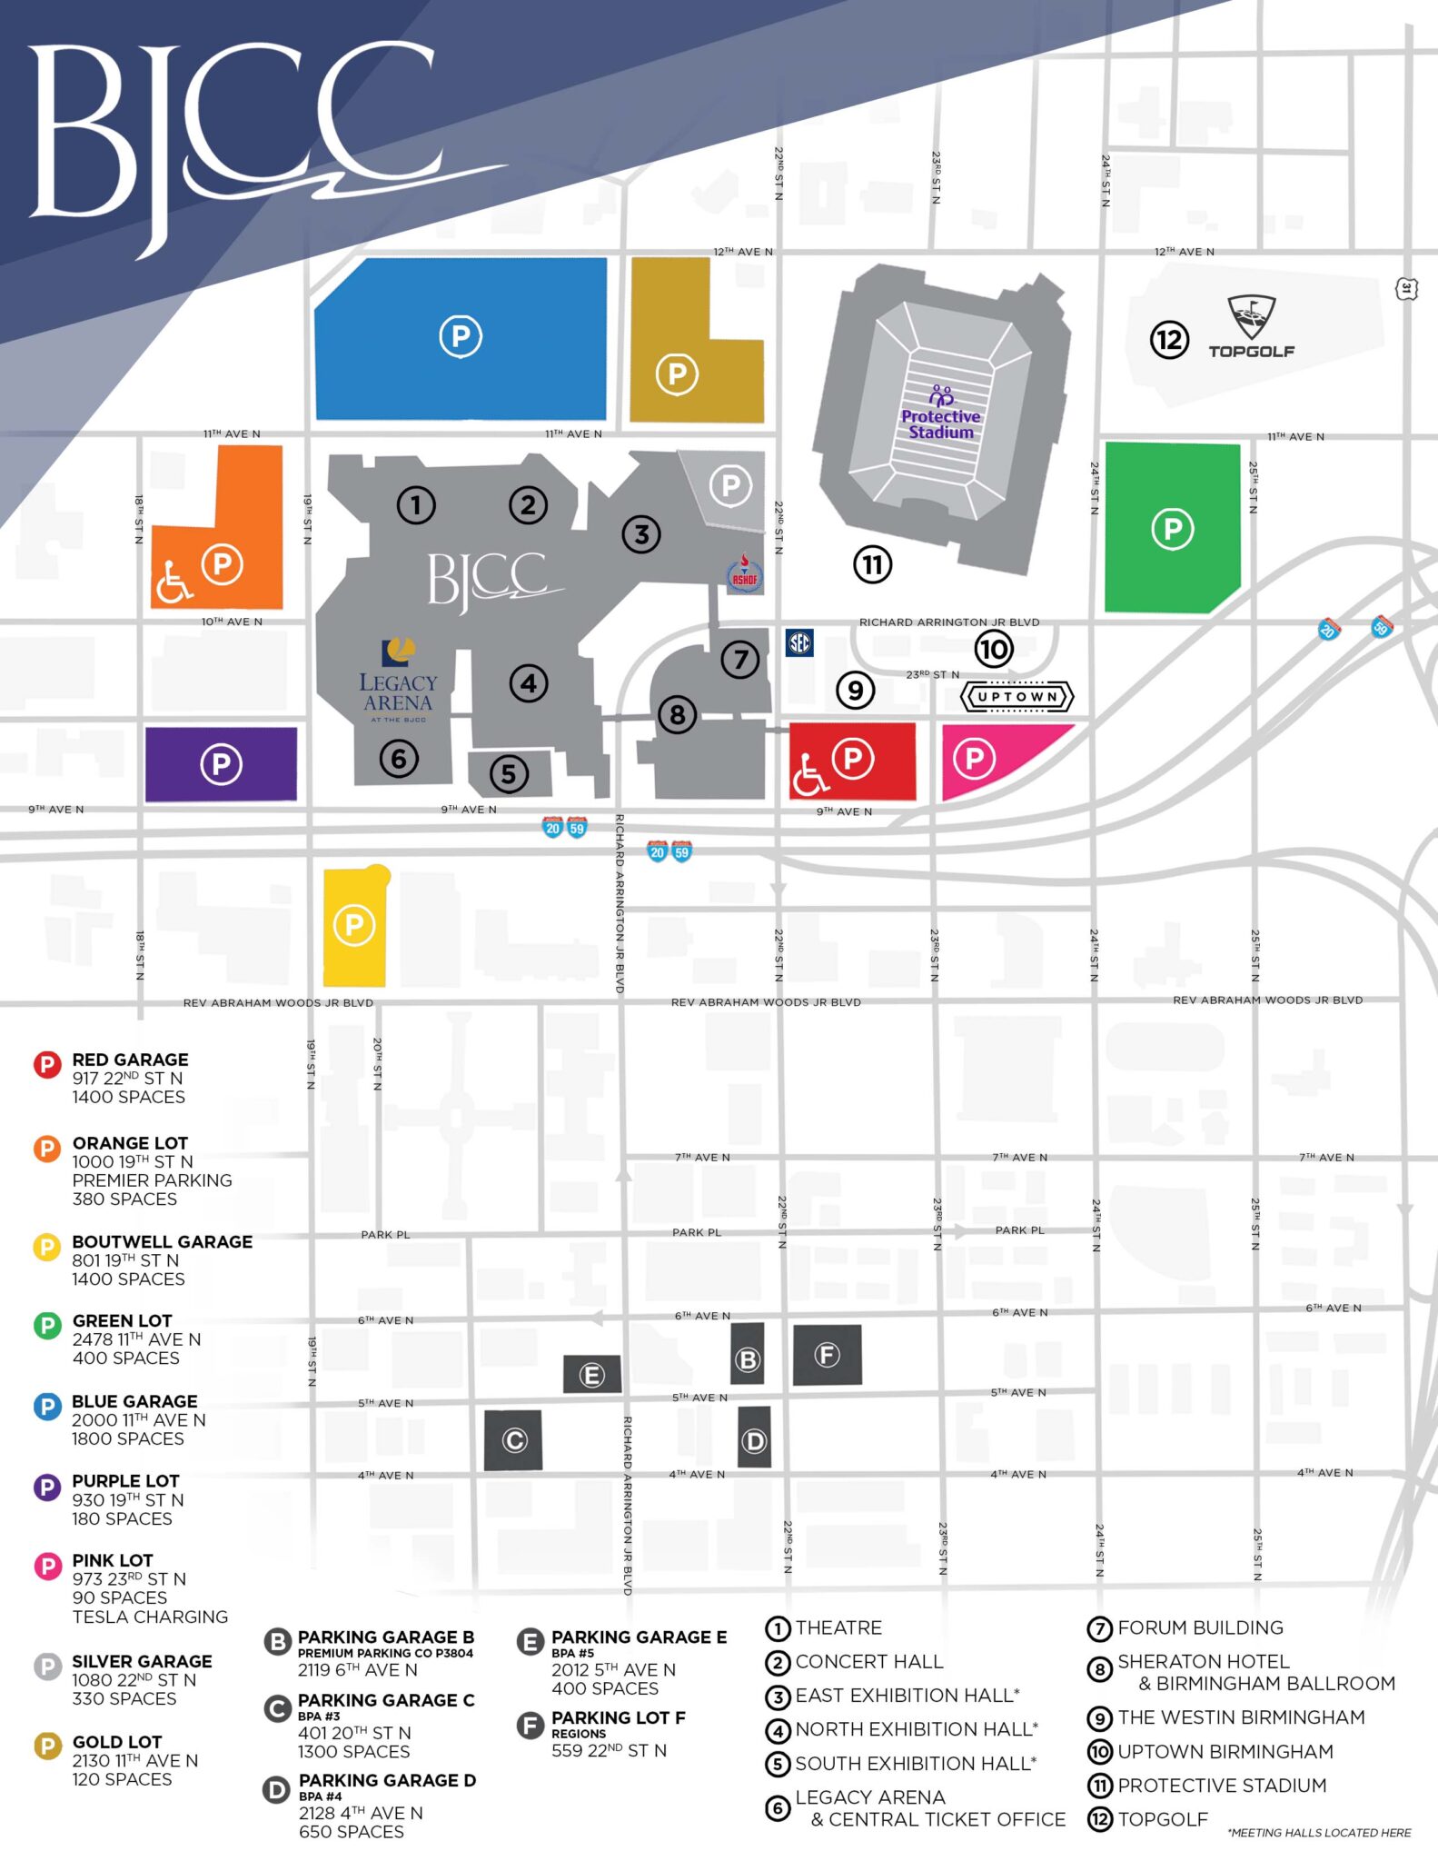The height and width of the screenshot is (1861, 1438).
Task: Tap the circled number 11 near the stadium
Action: tap(872, 565)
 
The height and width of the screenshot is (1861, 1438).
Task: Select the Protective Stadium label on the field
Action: tap(940, 423)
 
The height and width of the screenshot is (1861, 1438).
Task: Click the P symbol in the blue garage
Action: tap(461, 336)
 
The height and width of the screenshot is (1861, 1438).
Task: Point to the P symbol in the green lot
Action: tap(1172, 529)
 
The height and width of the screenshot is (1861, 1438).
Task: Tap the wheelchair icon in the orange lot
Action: tap(173, 582)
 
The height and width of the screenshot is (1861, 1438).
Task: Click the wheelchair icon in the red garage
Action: tap(810, 774)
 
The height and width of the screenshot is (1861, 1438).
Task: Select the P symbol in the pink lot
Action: tap(974, 758)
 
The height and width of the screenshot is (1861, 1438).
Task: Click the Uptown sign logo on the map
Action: tap(1017, 697)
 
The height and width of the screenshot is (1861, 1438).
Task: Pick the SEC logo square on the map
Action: tap(799, 643)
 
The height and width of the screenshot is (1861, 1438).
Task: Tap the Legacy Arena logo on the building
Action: tap(398, 682)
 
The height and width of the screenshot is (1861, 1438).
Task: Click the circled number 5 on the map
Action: tap(509, 774)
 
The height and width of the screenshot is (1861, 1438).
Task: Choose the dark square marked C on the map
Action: tap(513, 1440)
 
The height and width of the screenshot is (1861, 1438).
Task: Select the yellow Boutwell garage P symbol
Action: tap(354, 926)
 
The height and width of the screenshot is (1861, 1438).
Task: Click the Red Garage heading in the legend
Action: tap(130, 1060)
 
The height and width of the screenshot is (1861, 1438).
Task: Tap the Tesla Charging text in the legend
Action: tap(150, 1617)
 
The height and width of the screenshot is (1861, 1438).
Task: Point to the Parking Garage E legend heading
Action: tap(639, 1637)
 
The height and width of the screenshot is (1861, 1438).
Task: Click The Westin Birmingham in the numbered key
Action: tap(1241, 1717)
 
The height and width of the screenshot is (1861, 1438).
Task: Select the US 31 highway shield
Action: tap(1406, 289)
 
